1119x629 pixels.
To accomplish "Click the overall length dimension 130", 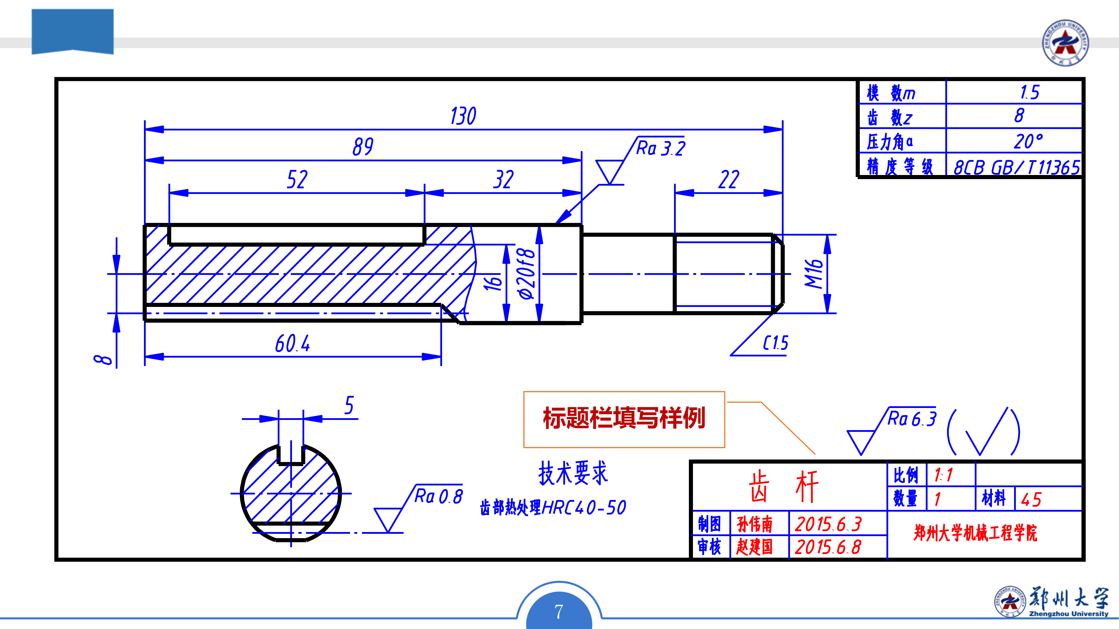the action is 463,116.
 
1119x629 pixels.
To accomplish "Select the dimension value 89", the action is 363,147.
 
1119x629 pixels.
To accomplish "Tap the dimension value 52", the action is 297,179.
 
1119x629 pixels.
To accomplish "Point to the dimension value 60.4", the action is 292,344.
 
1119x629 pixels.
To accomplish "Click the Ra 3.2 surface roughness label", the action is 660,149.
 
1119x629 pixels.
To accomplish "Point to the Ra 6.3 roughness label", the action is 911,419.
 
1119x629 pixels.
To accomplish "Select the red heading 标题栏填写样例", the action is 624,418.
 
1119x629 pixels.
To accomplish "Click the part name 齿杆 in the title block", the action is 784,487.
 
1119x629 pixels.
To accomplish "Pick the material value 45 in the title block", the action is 1031,500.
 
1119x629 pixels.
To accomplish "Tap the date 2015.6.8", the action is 828,547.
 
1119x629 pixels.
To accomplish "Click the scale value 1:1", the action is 944,475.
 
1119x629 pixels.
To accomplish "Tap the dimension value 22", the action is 729,179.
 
